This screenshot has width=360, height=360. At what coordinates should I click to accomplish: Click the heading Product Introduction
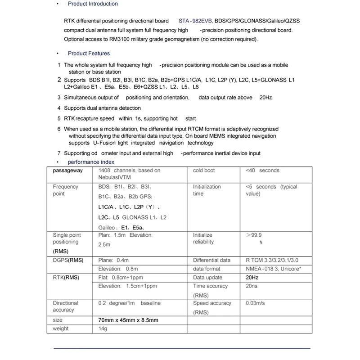[93, 4]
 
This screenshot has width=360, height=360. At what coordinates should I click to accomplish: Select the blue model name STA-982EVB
[196, 21]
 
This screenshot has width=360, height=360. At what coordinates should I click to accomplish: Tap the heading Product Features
[89, 54]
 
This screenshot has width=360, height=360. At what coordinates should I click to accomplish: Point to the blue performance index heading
[91, 162]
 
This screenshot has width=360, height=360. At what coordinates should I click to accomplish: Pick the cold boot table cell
[204, 171]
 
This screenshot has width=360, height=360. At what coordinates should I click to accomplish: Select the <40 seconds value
[262, 171]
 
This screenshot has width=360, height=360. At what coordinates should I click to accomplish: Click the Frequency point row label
[66, 190]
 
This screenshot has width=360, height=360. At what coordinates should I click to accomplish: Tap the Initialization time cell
[207, 190]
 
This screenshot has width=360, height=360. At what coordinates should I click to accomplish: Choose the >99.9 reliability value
[254, 235]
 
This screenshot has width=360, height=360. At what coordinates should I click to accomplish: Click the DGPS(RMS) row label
[68, 260]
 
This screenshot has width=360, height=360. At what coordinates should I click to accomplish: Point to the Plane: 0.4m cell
[113, 260]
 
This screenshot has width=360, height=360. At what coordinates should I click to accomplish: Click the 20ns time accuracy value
[252, 286]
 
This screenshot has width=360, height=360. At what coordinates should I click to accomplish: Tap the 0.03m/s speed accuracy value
[255, 303]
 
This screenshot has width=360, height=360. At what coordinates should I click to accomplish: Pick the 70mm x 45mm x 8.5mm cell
[128, 320]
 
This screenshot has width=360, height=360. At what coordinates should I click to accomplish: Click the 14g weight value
[103, 329]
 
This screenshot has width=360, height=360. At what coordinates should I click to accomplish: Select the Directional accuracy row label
[66, 306]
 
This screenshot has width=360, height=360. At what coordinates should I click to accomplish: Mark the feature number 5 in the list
[59, 119]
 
